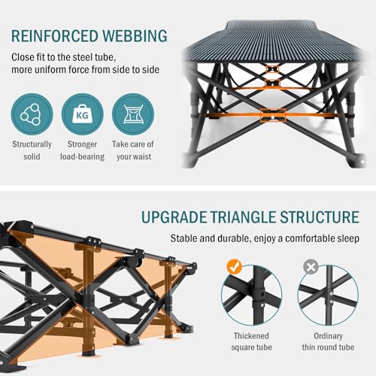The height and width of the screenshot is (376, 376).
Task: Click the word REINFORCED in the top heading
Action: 55,36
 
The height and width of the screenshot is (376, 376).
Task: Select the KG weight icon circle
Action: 83,114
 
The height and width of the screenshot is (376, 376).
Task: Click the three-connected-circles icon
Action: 32,114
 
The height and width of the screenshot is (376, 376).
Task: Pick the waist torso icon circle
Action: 133,114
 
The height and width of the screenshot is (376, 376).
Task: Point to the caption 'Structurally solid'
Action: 32,150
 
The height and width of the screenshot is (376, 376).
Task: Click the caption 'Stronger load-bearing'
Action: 83,150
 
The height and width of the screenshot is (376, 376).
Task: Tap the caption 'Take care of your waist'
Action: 133,150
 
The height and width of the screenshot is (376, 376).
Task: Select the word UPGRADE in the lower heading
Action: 174,217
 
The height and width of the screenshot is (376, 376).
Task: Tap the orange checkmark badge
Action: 234,267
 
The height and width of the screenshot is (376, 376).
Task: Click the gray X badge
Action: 311,267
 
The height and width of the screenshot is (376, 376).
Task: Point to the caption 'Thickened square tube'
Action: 251,341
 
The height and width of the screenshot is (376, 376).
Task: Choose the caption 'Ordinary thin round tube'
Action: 328,341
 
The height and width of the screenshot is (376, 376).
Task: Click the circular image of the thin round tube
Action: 328,296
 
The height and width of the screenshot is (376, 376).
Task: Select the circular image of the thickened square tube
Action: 251,296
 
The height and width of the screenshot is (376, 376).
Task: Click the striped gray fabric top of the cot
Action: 273,43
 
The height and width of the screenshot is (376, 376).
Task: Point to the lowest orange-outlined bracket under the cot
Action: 273,115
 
